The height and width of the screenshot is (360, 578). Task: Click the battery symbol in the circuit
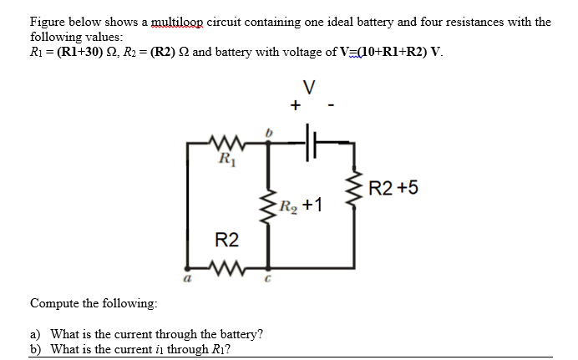click(311, 142)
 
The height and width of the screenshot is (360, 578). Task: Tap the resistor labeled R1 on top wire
click(226, 143)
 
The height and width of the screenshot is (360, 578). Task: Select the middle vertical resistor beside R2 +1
click(268, 208)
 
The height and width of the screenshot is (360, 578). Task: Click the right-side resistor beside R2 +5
click(354, 189)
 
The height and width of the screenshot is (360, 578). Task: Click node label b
click(268, 132)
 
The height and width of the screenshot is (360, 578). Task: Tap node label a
click(187, 279)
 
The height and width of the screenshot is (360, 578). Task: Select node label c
click(267, 279)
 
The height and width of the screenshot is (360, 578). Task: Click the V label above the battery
click(309, 88)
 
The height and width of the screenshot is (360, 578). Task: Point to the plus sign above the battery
click(296, 105)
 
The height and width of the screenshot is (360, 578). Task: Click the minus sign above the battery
click(331, 106)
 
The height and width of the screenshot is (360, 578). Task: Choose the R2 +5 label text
click(393, 187)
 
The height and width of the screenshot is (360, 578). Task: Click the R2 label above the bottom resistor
click(226, 240)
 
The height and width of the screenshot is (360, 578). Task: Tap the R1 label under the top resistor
click(227, 160)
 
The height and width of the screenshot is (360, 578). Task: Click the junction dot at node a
click(187, 268)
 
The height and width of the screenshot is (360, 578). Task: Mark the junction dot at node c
click(268, 268)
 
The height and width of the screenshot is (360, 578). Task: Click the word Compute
click(54, 303)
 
